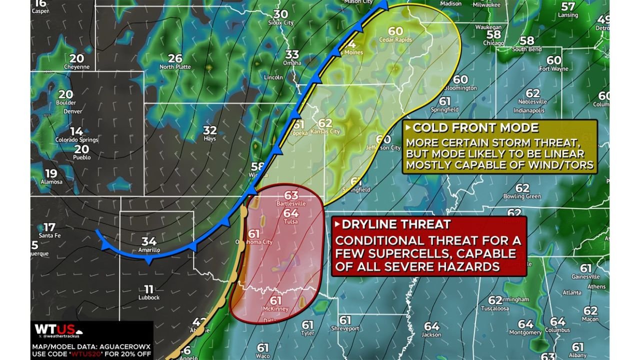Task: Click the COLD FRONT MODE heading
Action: (x=475, y=127)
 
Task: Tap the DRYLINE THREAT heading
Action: (x=396, y=224)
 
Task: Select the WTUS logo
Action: (x=54, y=330)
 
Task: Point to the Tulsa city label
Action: (x=290, y=221)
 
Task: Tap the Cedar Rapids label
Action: (x=395, y=40)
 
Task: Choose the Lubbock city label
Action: (x=148, y=297)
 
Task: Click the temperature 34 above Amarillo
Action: (x=149, y=241)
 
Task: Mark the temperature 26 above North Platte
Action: (x=175, y=58)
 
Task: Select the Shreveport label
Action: (x=345, y=328)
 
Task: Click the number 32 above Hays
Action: (x=210, y=130)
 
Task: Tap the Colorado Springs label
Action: (x=76, y=140)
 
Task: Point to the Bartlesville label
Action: (x=290, y=204)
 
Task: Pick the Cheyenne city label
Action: (x=76, y=66)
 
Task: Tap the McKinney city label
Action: (x=276, y=309)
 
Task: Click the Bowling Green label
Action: (x=522, y=196)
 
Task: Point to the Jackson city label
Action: (x=431, y=334)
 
